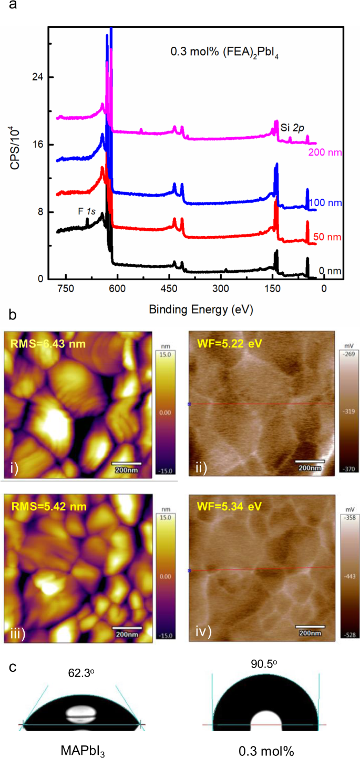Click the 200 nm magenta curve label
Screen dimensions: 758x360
(x=325, y=152)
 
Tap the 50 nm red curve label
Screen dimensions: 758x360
(x=327, y=237)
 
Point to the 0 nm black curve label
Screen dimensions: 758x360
(x=330, y=271)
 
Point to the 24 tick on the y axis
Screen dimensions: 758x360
(x=37, y=77)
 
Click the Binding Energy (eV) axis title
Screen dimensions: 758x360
(x=201, y=310)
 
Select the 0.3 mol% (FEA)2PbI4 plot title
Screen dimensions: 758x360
(x=223, y=52)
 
